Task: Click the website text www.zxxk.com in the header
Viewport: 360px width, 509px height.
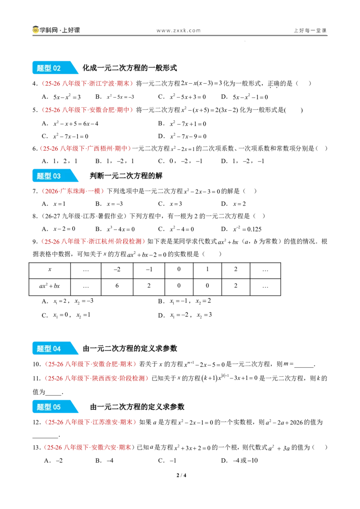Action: coord(179,31)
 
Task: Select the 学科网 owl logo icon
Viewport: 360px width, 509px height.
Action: coord(36,30)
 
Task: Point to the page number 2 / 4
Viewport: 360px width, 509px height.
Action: coord(181,475)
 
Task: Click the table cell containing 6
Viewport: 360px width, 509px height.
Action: coord(117,286)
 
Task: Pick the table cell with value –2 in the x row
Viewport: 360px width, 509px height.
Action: coord(117,269)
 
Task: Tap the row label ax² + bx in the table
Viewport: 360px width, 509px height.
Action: coord(49,286)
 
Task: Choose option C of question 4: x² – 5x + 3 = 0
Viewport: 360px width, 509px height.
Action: coord(182,97)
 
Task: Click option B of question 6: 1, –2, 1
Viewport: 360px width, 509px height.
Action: coord(115,161)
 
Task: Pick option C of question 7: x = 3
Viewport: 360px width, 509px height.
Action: coord(170,204)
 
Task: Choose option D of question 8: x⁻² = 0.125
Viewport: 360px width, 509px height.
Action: coord(241,229)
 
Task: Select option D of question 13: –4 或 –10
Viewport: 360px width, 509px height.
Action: coord(239,460)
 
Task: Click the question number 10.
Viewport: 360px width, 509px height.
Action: coord(36,364)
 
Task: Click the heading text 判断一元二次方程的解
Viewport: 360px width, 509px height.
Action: coord(126,176)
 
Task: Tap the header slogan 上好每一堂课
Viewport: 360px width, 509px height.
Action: coord(310,31)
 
